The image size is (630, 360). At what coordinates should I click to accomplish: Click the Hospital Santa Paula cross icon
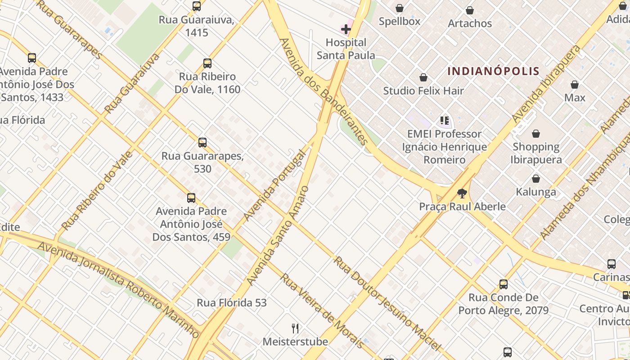click(x=346, y=30)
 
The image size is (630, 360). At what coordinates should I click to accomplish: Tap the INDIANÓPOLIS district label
click(x=493, y=71)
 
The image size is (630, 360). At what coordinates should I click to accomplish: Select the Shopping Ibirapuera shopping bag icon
click(x=536, y=134)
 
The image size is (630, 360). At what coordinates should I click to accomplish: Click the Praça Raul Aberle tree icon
click(x=462, y=193)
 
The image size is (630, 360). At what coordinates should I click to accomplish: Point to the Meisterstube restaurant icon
click(x=295, y=328)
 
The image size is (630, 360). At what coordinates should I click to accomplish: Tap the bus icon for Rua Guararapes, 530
click(x=202, y=143)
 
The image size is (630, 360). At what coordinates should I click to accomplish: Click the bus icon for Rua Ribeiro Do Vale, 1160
click(x=207, y=63)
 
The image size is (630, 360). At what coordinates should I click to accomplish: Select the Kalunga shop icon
click(x=536, y=179)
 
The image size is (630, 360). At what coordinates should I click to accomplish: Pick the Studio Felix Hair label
click(x=423, y=91)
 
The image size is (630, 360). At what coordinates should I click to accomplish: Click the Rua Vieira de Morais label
click(x=322, y=310)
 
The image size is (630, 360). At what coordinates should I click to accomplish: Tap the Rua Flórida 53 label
click(x=232, y=303)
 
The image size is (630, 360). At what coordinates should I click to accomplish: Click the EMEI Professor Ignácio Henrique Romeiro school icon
click(x=445, y=121)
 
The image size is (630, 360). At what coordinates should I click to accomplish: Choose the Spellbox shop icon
click(x=399, y=8)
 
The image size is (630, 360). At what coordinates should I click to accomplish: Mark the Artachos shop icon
click(x=470, y=10)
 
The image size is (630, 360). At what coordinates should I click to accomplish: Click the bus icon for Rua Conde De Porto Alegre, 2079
click(x=504, y=284)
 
